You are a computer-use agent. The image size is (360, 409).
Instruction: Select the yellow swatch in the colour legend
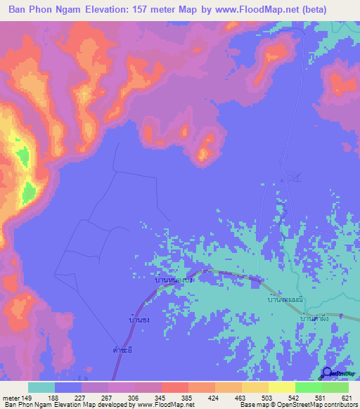(282, 387)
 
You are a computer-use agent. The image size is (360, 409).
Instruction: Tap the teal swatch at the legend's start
(41, 387)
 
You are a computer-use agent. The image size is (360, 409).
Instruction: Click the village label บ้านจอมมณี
(285, 299)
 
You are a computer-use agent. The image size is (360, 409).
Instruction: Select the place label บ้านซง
(139, 320)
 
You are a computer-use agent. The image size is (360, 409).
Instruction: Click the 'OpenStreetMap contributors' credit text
(309, 405)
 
